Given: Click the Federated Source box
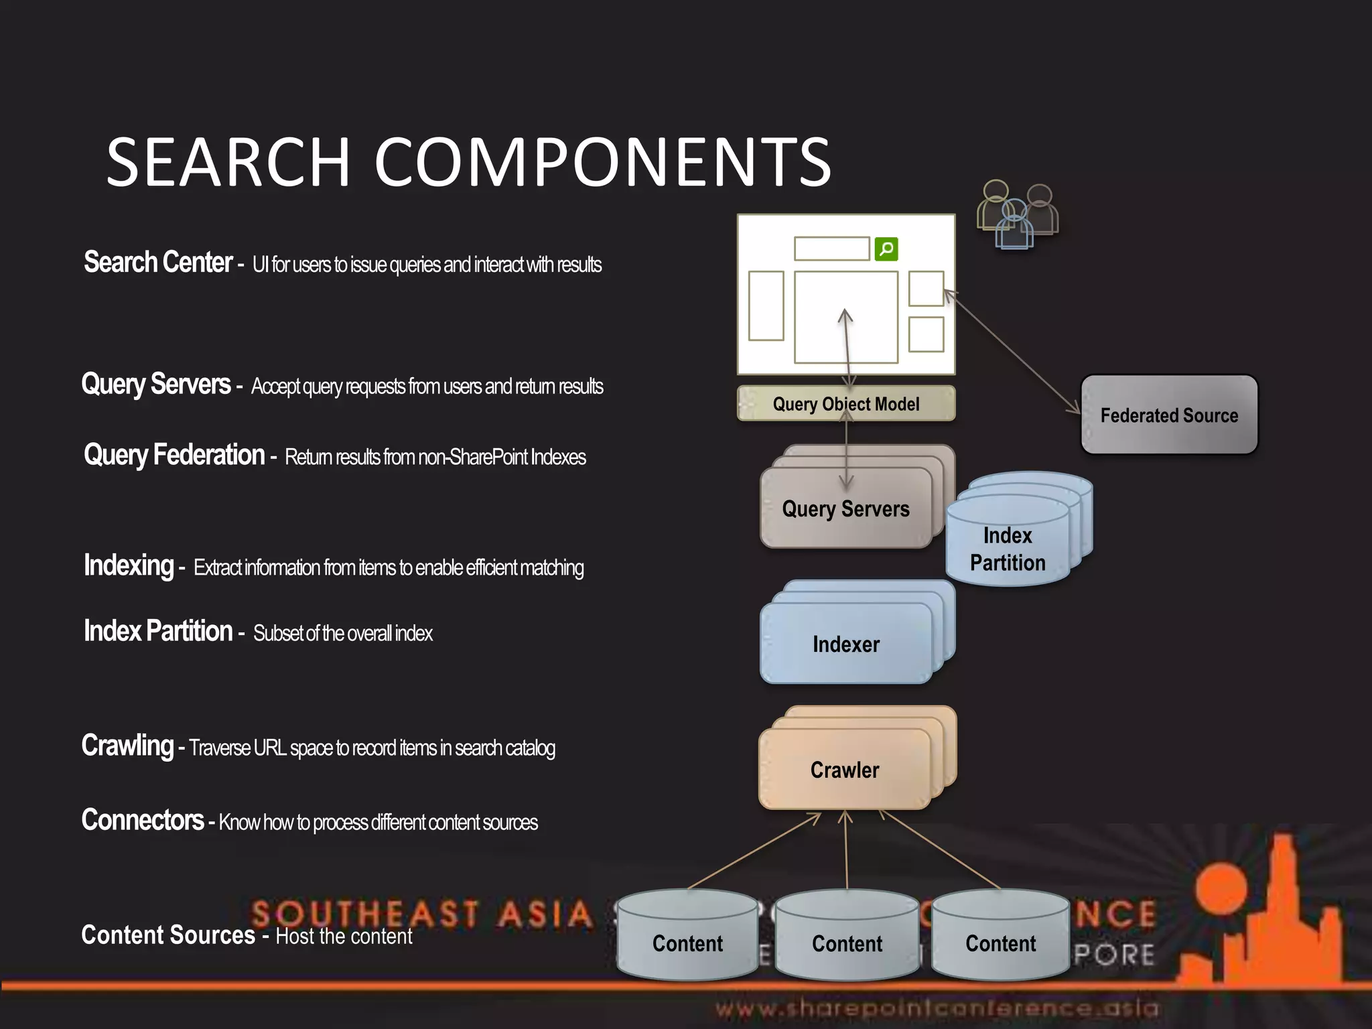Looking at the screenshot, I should coord(1169,415).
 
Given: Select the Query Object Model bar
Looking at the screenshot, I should coord(845,404).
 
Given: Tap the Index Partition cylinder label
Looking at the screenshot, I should coord(1008,549).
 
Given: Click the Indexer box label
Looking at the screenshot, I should coord(845,644).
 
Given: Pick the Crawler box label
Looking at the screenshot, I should coord(844,770).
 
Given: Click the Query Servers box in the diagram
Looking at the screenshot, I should coord(845,508).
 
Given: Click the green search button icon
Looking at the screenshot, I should coord(886,249).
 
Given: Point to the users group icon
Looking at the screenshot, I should coord(1017,214).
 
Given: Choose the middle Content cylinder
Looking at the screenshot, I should coord(847,936).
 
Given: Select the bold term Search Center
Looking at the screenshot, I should coord(158,262).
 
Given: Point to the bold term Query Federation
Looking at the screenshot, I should coord(174,455).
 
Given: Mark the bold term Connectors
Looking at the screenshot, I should coord(143,820).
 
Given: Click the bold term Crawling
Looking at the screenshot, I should coord(127,746).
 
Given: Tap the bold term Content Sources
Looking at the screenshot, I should coord(168,935).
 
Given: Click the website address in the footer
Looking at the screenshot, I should coord(937,1008).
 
